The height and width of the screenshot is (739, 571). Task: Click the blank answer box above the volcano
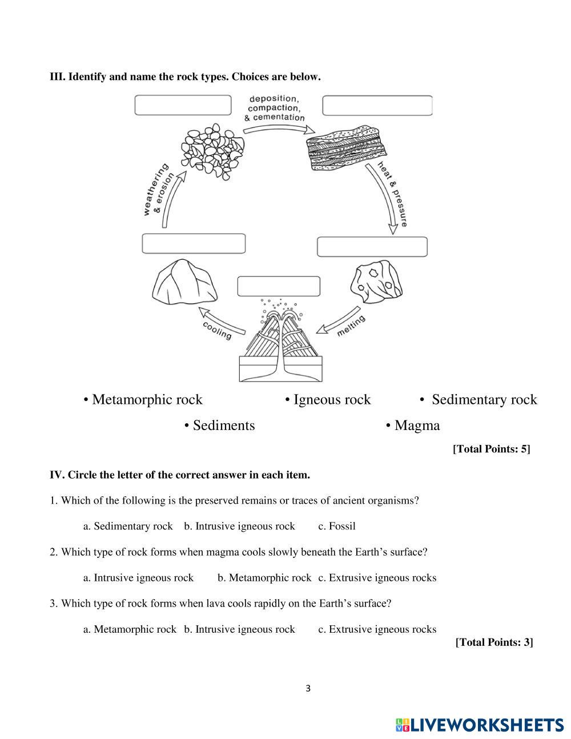(279, 286)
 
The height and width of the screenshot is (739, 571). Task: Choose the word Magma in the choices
(417, 425)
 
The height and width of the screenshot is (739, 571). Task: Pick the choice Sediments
(223, 425)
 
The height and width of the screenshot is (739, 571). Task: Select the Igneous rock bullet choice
(332, 399)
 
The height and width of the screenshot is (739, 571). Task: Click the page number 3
(308, 688)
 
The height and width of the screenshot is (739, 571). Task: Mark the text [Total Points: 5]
(491, 449)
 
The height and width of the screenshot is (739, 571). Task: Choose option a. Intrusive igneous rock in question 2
(138, 577)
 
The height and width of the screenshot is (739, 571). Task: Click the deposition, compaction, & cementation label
(274, 108)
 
